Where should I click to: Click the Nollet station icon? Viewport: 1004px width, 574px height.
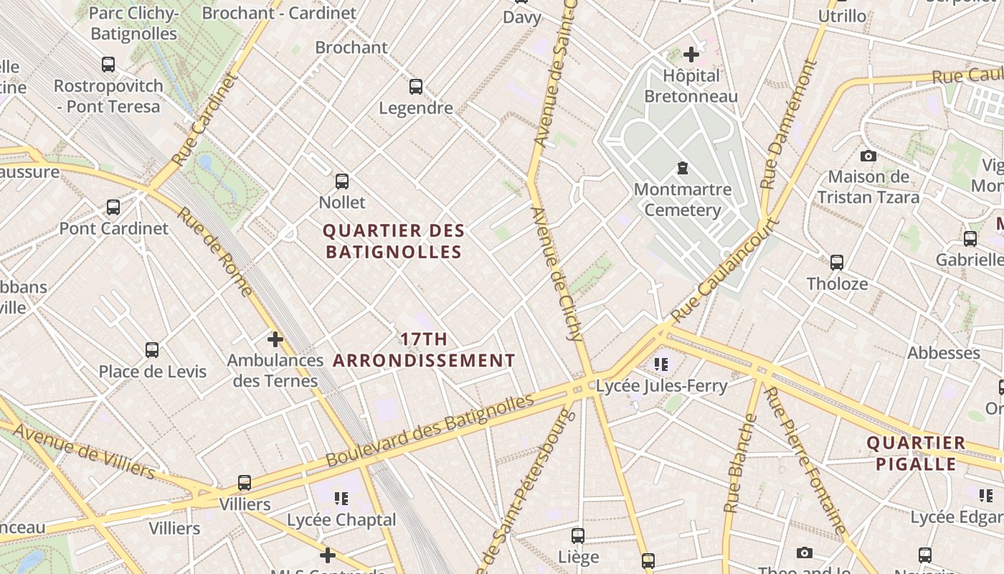pos(342,182)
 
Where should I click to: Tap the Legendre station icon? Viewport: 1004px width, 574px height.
pos(416,87)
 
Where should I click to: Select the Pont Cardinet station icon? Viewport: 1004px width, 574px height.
pos(113,207)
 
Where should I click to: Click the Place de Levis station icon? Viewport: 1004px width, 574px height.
pos(152,350)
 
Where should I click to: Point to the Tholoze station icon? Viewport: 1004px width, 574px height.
pos(836,263)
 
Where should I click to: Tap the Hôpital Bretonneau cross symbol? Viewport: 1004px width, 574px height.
pos(691,54)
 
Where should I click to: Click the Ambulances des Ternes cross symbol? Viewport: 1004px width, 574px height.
pos(275,339)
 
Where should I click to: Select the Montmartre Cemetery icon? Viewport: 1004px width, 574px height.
pos(682,169)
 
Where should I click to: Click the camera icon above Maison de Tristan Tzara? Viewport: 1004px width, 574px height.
pos(868,156)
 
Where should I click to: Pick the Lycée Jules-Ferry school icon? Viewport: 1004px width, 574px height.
pos(661,364)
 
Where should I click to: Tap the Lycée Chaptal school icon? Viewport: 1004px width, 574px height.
pos(341,498)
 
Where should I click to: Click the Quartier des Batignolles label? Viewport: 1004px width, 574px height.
pos(394,241)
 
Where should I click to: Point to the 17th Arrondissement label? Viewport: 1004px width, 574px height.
pos(425,349)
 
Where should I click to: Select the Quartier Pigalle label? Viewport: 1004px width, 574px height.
pos(916,453)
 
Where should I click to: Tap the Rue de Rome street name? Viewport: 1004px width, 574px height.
pos(214,251)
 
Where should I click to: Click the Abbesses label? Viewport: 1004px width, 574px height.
pos(944,353)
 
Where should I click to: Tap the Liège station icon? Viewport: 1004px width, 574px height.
pos(578,536)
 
